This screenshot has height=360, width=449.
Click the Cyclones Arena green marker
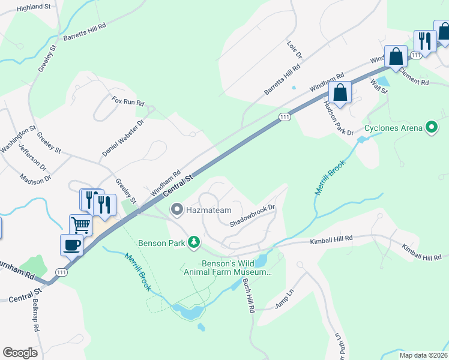pyautogui.click(x=430, y=128)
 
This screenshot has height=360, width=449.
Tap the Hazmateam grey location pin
pyautogui.click(x=176, y=209)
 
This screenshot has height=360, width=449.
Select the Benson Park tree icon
pyautogui.click(x=193, y=242)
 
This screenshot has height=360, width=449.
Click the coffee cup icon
pyautogui.click(x=71, y=244)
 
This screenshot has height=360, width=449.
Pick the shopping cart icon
pyautogui.click(x=81, y=226)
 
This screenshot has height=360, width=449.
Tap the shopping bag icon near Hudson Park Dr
pyautogui.click(x=340, y=93)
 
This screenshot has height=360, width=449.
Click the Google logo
pyautogui.click(x=20, y=353)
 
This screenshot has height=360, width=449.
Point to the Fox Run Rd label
pyautogui.click(x=128, y=101)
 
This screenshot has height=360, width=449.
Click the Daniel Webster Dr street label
pyautogui.click(x=123, y=138)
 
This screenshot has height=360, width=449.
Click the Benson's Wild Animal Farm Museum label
pyautogui.click(x=228, y=267)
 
